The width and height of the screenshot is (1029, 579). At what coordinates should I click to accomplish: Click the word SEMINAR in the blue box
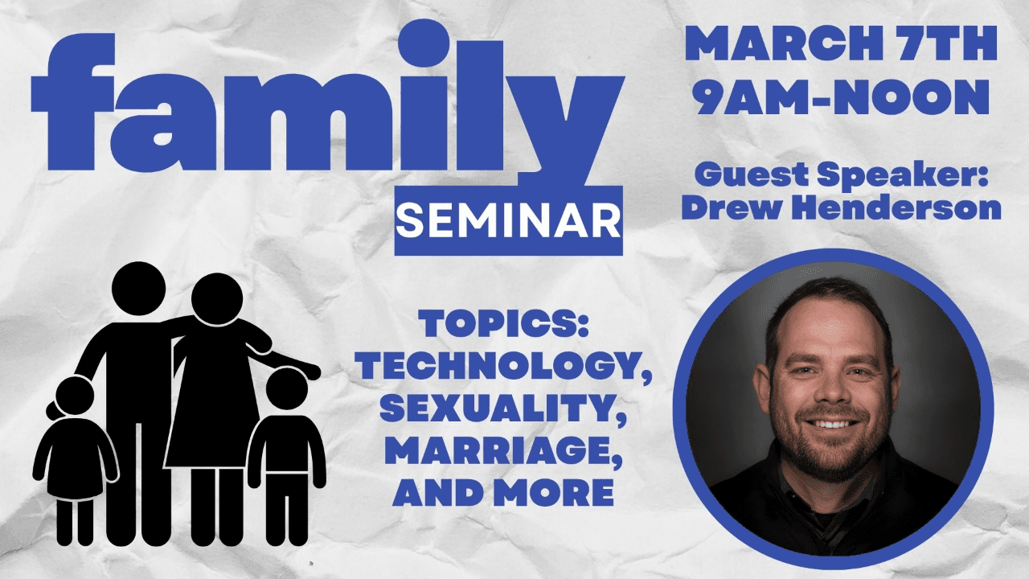[509, 221]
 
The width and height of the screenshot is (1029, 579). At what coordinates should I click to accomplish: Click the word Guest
[751, 175]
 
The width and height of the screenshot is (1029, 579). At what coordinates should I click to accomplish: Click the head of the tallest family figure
[138, 289]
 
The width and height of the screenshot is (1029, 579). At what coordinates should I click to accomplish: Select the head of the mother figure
[217, 299]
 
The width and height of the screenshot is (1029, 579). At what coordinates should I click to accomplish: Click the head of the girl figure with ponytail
[72, 397]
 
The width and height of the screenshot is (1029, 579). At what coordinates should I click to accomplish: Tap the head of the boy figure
[287, 388]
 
